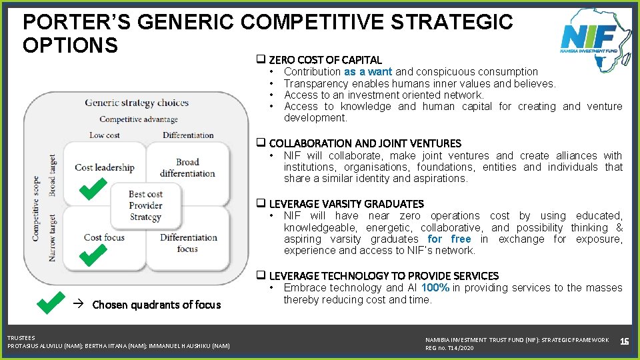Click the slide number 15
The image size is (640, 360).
click(x=625, y=341)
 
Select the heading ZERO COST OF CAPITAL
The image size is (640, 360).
click(x=325, y=60)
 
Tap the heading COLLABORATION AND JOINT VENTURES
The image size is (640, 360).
click(x=365, y=143)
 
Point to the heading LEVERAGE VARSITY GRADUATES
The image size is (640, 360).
click(x=346, y=204)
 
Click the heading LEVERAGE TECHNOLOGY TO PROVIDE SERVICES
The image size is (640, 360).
click(x=383, y=276)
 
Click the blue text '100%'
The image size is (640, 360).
click(x=435, y=288)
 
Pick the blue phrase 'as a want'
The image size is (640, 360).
click(x=369, y=72)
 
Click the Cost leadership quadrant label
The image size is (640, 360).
click(x=105, y=167)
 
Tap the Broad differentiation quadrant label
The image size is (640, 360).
click(x=187, y=167)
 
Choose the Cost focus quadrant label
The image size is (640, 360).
click(x=104, y=237)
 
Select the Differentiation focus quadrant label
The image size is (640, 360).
click(x=188, y=243)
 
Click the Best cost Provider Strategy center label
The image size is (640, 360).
click(x=145, y=205)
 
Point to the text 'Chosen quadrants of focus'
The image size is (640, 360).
click(x=156, y=305)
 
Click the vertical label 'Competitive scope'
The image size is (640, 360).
click(x=36, y=209)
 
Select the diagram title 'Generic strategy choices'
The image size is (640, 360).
click(x=137, y=103)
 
